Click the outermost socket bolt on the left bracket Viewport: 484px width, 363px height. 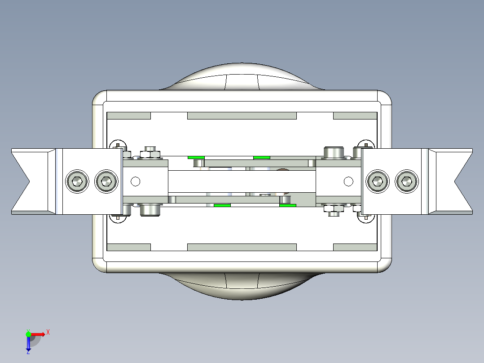click(77, 181)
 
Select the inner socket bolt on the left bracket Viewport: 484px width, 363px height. click(106, 181)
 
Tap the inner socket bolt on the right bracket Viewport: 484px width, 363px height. click(378, 181)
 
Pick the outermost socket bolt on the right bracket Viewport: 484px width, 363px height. click(407, 181)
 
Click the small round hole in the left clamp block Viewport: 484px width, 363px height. click(136, 181)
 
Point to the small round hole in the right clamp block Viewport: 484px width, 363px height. click(348, 181)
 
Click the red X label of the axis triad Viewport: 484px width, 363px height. click(48, 332)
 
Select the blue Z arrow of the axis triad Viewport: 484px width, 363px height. click(28, 344)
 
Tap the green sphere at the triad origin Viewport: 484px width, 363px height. click(28, 334)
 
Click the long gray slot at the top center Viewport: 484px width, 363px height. click(242, 116)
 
